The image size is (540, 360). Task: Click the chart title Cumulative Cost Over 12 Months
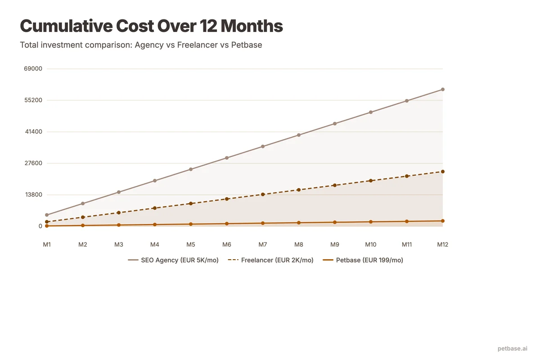point(151,26)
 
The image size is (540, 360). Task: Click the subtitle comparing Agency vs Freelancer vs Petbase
point(141,45)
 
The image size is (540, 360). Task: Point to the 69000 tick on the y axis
point(33,69)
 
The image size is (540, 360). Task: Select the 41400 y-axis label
point(33,132)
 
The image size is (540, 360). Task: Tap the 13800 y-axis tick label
point(33,195)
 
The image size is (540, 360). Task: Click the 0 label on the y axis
point(40,226)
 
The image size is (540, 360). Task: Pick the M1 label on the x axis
point(47,244)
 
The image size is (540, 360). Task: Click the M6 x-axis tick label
point(227,244)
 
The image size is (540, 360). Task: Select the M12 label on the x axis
point(443,244)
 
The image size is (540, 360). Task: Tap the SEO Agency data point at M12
point(443,90)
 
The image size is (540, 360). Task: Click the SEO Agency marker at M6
point(227,158)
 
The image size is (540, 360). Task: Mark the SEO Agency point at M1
point(47,215)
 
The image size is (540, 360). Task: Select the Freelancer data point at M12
point(443,171)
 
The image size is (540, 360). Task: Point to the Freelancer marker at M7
point(263,194)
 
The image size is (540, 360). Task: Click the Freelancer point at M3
point(119,212)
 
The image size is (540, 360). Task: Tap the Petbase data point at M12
point(443,221)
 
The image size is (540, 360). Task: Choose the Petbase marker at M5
point(191,224)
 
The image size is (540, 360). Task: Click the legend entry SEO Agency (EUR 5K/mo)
point(173,260)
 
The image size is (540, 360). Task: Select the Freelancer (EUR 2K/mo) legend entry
point(271,260)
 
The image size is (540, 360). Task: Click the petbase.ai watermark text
point(512,348)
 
